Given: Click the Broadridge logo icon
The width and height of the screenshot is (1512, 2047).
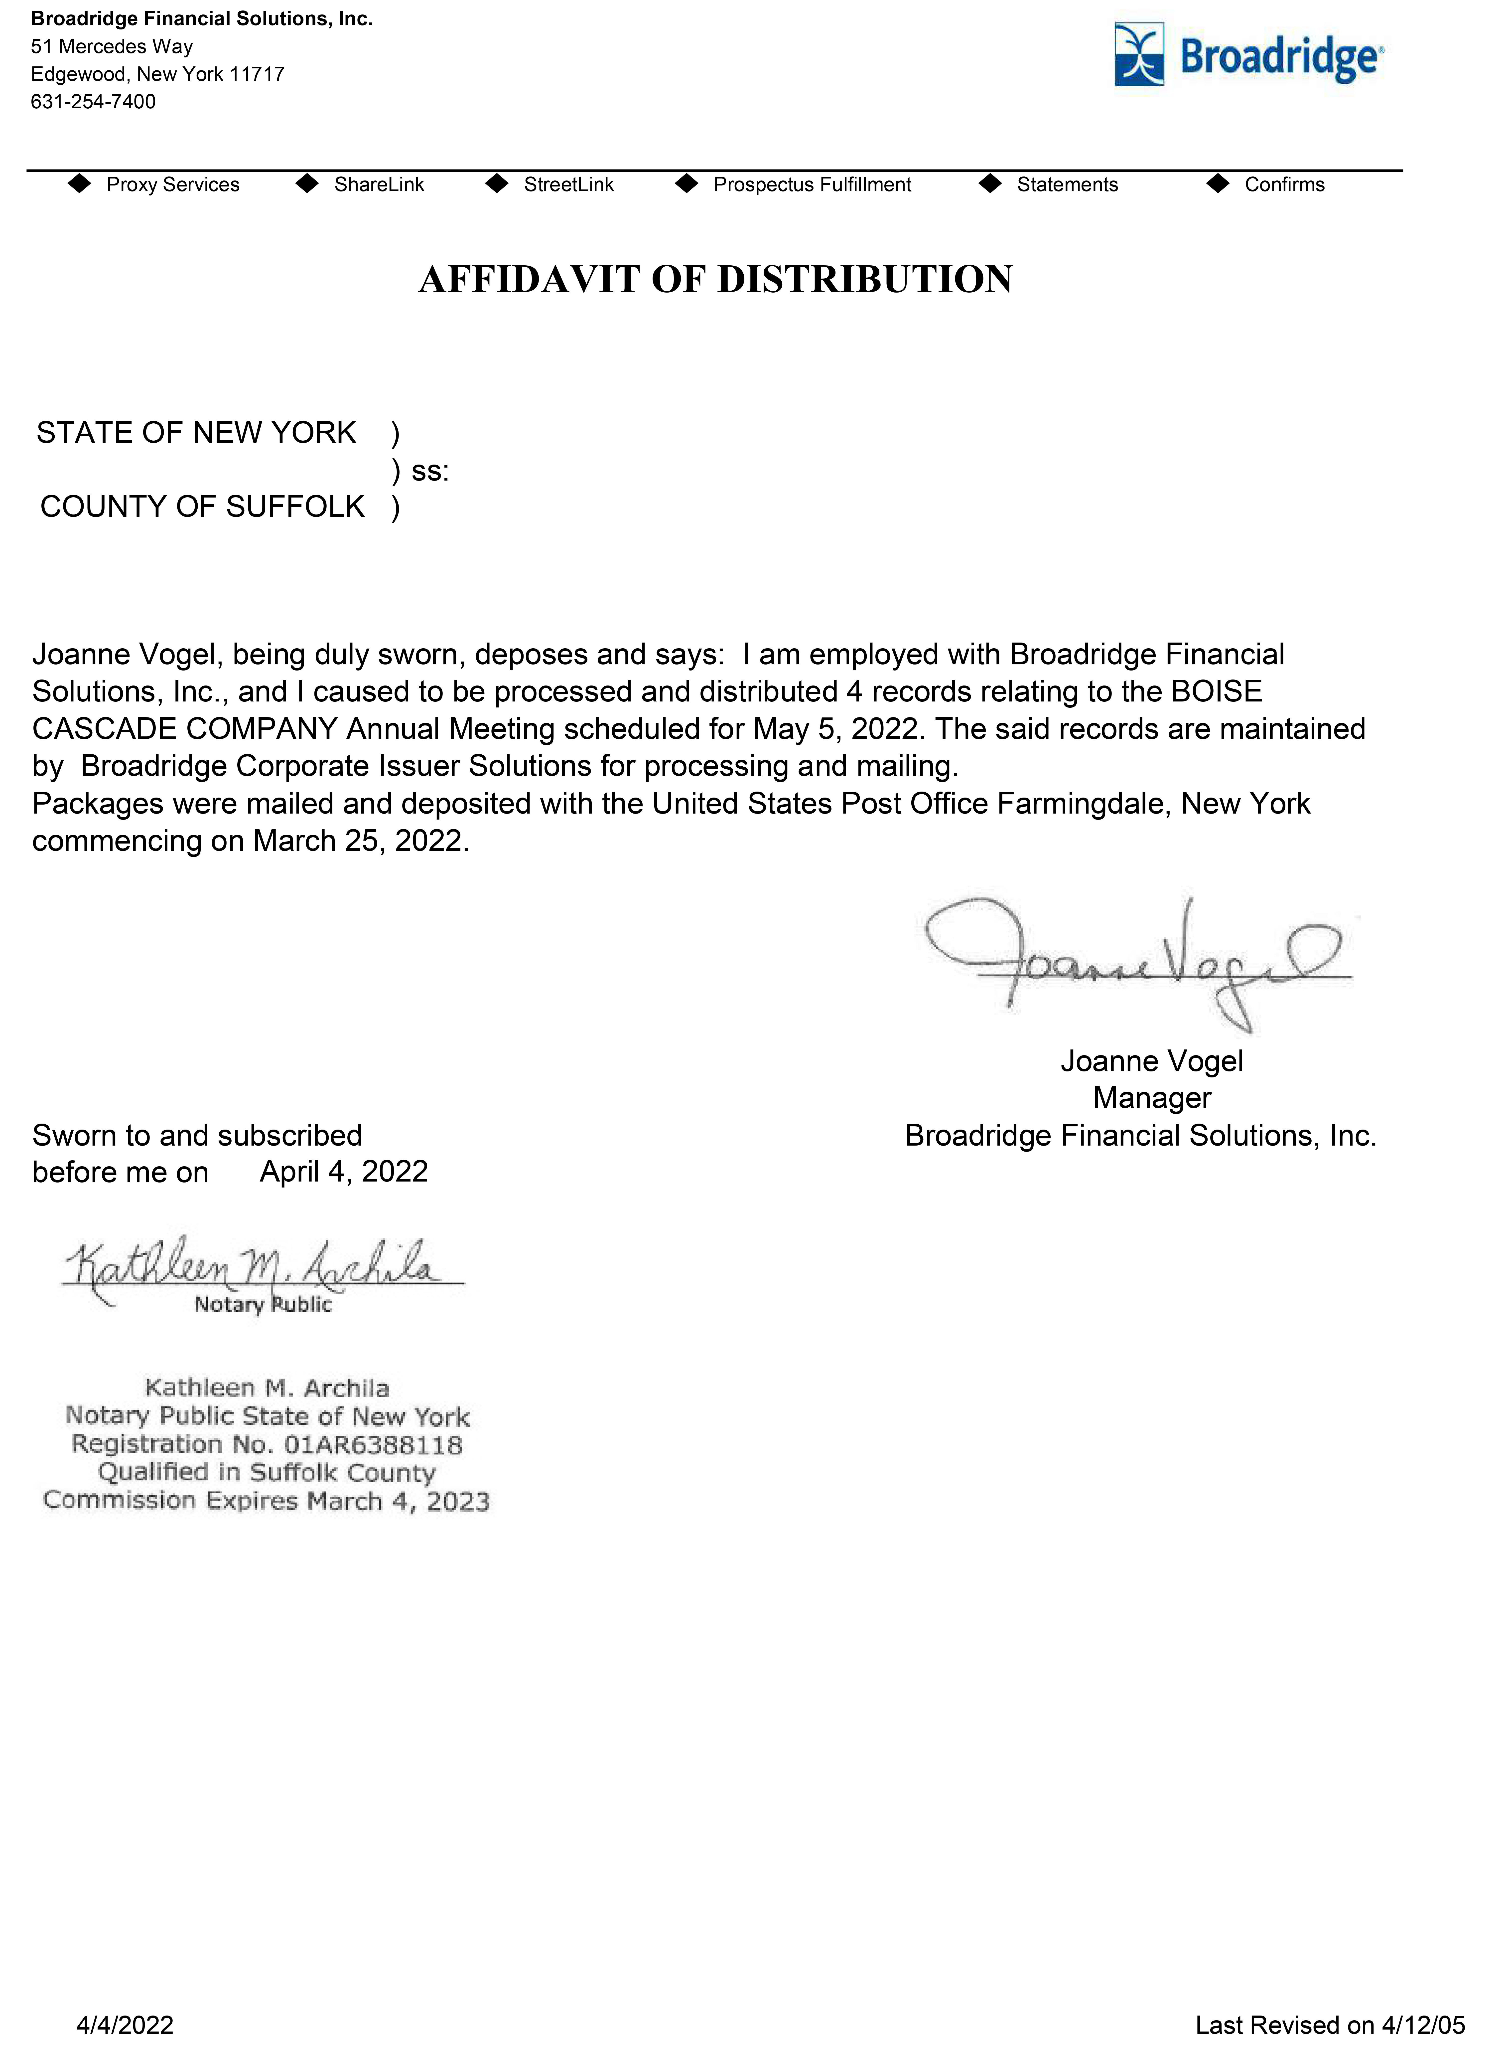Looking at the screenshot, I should point(1139,55).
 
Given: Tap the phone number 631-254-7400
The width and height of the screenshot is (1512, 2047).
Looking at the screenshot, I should point(93,102).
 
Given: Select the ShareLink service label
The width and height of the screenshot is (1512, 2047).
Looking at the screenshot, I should point(379,185).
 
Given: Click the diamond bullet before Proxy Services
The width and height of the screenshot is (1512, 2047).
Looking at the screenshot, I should point(81,184).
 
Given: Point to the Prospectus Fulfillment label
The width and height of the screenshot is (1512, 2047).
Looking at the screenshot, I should point(812,185).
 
